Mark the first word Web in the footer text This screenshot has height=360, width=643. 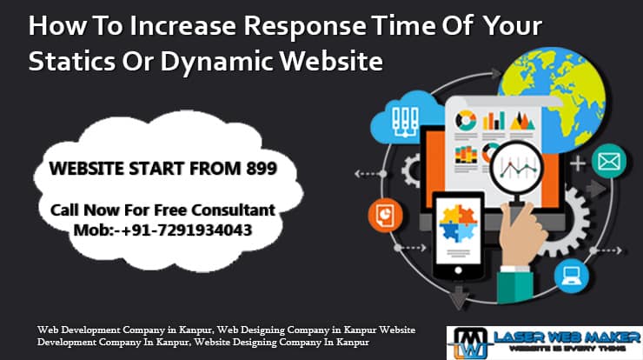(x=49, y=330)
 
